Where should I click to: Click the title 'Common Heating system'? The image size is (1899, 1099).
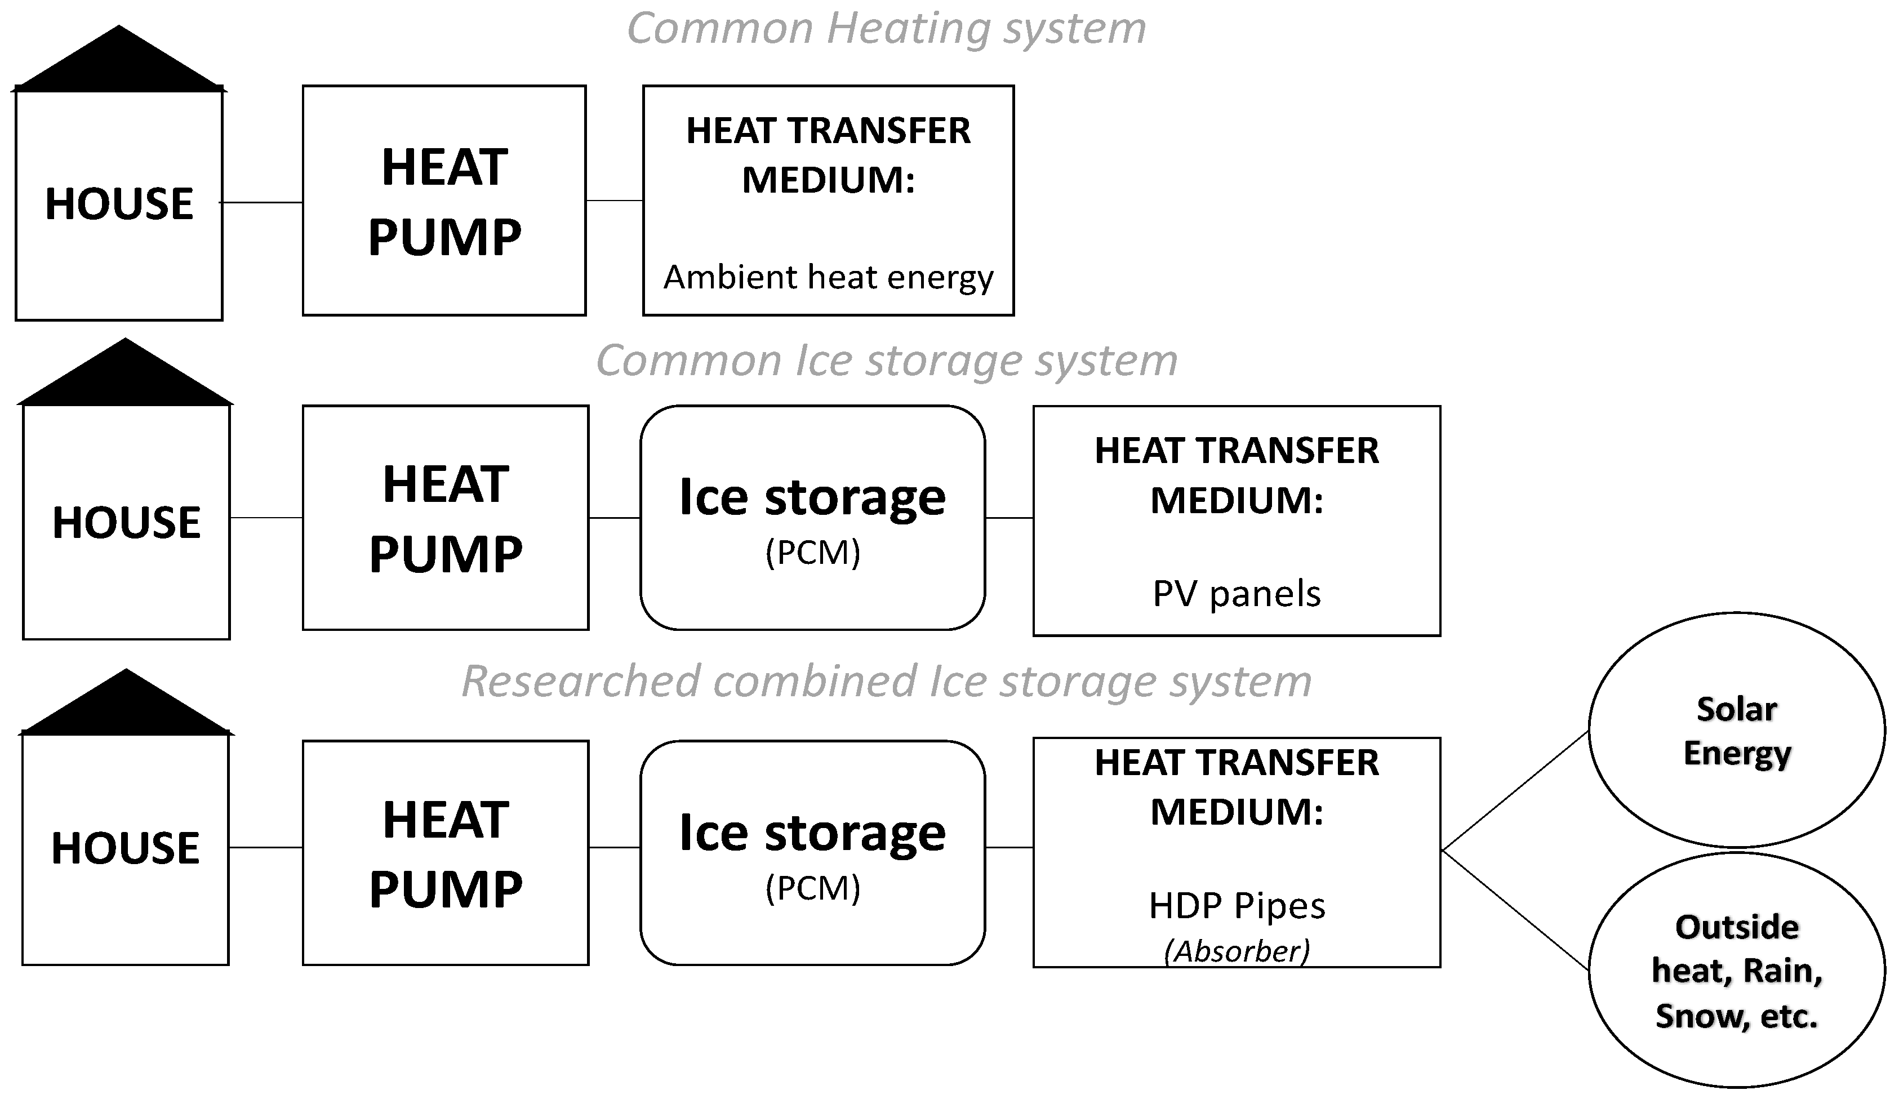pyautogui.click(x=886, y=29)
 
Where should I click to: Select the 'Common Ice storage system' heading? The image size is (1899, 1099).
pyautogui.click(x=886, y=361)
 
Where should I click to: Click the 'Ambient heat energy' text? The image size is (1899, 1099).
pyautogui.click(x=828, y=277)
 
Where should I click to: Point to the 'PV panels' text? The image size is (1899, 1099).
pyautogui.click(x=1237, y=594)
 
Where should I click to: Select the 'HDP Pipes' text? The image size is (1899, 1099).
pyautogui.click(x=1237, y=905)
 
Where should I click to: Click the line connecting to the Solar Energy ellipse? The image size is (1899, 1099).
pyautogui.click(x=1515, y=791)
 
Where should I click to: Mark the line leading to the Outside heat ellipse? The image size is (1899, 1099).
pyautogui.click(x=1515, y=910)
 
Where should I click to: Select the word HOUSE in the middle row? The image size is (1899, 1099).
pyautogui.click(x=127, y=522)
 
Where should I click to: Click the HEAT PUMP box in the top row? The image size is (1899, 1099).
pyautogui.click(x=444, y=201)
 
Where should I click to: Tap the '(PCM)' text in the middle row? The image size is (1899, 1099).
pyautogui.click(x=812, y=553)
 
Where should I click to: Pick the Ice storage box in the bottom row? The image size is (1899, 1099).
pyautogui.click(x=812, y=852)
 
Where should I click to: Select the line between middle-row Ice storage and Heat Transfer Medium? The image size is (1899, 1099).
pyautogui.click(x=1009, y=518)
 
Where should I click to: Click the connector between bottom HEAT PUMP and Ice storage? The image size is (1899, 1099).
pyautogui.click(x=614, y=847)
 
